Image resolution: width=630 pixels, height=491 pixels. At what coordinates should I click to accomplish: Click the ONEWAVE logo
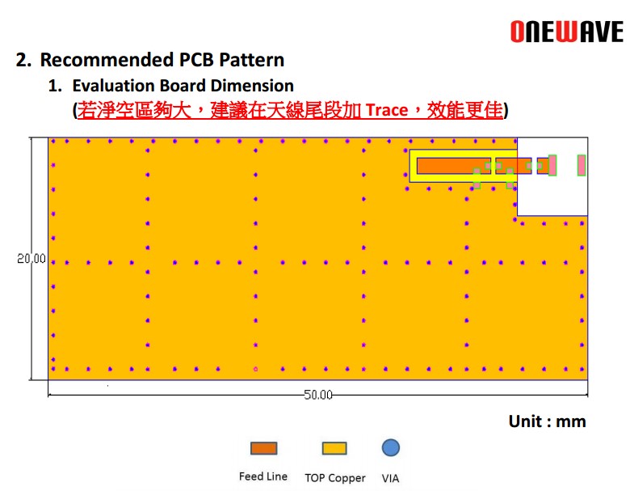tap(566, 32)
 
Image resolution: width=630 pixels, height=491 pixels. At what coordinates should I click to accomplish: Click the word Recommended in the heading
tap(107, 60)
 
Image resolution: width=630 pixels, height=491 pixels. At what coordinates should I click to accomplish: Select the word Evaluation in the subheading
tap(114, 86)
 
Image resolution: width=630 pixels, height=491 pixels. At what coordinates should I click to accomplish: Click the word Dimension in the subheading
tap(252, 86)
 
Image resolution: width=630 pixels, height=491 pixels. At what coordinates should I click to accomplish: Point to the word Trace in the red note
tap(387, 110)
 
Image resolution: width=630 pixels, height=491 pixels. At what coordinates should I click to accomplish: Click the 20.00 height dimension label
tap(31, 258)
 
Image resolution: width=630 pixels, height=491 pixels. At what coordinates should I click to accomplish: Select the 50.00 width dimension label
tap(317, 395)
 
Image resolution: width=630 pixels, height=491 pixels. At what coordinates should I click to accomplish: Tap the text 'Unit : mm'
tap(547, 421)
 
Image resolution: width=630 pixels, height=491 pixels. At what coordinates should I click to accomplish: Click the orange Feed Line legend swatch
tap(263, 448)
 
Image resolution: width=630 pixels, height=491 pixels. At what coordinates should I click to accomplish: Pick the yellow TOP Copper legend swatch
tap(334, 448)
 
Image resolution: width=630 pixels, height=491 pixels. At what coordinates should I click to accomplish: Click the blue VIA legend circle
tap(391, 447)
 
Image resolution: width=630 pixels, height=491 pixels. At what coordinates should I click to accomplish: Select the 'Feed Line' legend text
tap(263, 476)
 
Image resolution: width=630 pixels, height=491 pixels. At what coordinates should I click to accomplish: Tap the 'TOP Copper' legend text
tap(335, 478)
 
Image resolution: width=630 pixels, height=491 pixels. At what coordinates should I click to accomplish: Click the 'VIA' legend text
tap(390, 478)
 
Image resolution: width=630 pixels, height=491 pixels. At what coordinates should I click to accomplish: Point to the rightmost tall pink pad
tap(582, 165)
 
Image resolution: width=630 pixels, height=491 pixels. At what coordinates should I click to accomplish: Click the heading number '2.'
tap(23, 60)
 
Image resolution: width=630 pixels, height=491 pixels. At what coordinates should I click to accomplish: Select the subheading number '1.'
tap(55, 86)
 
